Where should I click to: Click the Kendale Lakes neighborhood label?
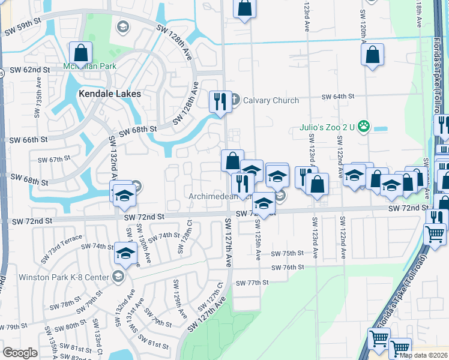[x=110, y=94]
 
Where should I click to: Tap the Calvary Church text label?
[x=271, y=100]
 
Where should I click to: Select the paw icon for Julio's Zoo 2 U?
[x=363, y=126]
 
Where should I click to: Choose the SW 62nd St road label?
[x=30, y=70]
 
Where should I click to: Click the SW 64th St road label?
[x=338, y=96]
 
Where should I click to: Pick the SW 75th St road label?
[x=288, y=254]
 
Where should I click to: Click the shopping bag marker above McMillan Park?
[x=79, y=52]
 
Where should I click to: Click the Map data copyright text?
[x=423, y=355]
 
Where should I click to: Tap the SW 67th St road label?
[x=55, y=160]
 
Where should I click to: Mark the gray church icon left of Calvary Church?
[x=235, y=100]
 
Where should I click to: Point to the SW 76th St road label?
[x=288, y=267]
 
